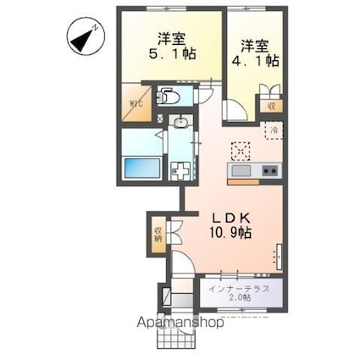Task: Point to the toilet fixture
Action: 166,97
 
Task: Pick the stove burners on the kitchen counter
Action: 269,172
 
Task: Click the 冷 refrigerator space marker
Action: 273,130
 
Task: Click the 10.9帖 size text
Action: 227,232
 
